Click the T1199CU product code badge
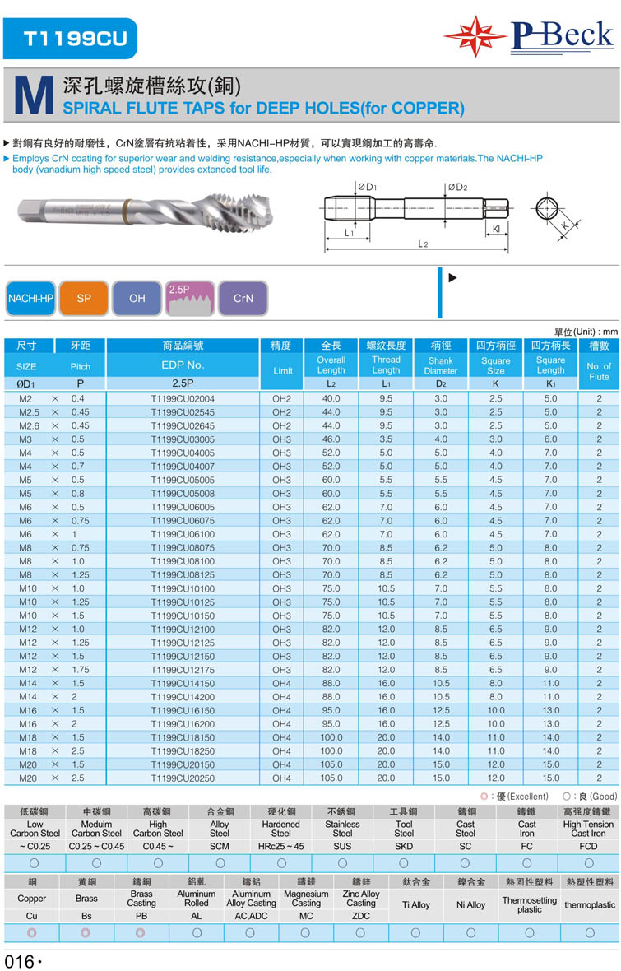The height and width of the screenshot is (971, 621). click(x=70, y=39)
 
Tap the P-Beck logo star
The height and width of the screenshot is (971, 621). click(x=475, y=37)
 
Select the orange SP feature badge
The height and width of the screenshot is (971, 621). click(x=84, y=299)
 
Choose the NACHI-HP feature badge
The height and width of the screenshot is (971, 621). click(x=30, y=299)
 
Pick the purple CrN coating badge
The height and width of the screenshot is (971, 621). click(x=243, y=299)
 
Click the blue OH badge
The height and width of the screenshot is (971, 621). click(x=137, y=299)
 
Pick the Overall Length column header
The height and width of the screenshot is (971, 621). click(x=331, y=365)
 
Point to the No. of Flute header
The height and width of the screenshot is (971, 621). click(x=599, y=371)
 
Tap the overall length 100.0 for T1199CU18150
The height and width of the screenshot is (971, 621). click(x=331, y=737)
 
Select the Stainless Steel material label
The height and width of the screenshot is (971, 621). click(x=342, y=829)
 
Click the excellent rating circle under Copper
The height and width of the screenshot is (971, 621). click(x=32, y=933)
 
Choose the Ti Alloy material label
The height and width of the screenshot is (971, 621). click(x=415, y=905)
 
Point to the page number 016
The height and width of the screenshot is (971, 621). click(x=18, y=961)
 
